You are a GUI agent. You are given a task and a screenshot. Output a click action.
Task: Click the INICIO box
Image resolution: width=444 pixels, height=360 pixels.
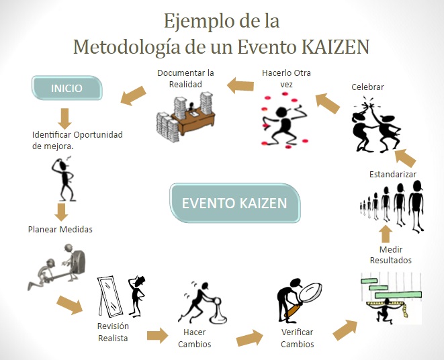click(x=66, y=88)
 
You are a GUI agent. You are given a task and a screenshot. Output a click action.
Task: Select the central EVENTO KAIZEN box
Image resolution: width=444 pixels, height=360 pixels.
click(x=234, y=203)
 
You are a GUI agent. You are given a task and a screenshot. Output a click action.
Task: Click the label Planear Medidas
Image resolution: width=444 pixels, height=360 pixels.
click(x=60, y=230)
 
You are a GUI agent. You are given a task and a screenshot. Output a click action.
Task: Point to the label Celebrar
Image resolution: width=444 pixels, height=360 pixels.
click(x=367, y=87)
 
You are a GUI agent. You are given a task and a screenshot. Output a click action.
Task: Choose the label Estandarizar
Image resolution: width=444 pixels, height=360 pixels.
click(x=393, y=174)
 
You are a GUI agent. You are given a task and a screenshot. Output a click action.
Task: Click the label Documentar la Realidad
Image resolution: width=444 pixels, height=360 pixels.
click(x=185, y=79)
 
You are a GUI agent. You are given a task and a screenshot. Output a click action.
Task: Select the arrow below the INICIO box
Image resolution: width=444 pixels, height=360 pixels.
click(x=65, y=119)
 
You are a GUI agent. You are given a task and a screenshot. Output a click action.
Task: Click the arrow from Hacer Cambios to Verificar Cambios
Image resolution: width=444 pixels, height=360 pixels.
click(x=250, y=338)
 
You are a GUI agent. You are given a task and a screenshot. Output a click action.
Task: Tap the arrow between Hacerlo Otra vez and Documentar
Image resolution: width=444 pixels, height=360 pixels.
click(x=240, y=85)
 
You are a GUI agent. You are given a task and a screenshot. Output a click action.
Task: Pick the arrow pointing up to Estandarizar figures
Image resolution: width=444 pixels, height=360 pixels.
click(x=386, y=233)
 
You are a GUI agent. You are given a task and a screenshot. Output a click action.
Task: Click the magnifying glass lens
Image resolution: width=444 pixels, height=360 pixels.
click(x=310, y=293)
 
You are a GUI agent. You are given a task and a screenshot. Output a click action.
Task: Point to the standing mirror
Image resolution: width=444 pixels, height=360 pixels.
click(x=109, y=296)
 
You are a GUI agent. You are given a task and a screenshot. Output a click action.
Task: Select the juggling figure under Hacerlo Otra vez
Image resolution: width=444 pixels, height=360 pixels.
click(x=284, y=120)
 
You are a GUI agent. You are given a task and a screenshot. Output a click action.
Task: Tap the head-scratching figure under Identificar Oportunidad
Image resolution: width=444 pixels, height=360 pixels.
click(x=64, y=179)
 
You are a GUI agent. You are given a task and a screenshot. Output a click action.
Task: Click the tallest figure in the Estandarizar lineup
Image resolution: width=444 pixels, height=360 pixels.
click(x=416, y=206)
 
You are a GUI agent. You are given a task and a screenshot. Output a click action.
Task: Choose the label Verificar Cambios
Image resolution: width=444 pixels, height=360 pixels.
click(x=298, y=339)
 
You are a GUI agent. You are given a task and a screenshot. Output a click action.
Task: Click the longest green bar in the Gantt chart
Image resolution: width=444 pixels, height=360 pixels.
click(x=398, y=295)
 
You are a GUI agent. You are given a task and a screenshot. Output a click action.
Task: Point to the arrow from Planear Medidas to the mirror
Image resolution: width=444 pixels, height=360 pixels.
click(x=70, y=305)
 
